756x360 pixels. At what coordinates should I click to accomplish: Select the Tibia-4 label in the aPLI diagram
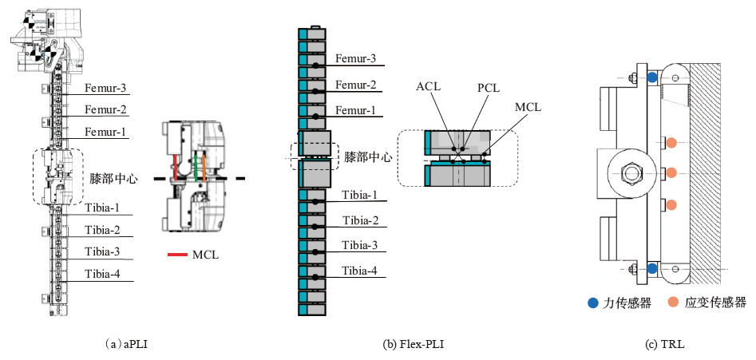point(105,274)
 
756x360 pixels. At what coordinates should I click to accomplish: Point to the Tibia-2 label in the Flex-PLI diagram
point(362,220)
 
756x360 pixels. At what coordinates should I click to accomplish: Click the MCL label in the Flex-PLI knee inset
point(526,106)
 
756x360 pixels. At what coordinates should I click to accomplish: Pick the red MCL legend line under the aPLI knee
point(178,255)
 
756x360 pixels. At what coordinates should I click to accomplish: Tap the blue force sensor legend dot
point(592,303)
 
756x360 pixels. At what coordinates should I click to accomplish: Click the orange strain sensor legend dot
point(673,303)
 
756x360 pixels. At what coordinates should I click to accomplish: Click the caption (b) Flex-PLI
point(413,345)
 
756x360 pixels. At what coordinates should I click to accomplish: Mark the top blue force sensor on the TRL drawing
point(652,77)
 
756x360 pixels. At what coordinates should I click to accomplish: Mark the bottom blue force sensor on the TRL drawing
point(652,269)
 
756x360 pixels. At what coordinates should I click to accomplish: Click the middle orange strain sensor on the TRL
point(672,172)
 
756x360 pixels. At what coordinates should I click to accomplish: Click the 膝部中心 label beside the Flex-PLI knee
point(368,157)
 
